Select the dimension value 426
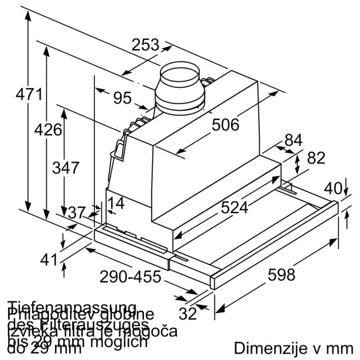coord(47,129)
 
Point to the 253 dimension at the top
coord(145,45)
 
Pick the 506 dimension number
coord(225,125)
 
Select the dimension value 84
coord(293,140)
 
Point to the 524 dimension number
coord(234,207)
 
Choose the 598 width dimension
coord(282,274)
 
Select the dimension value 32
coord(187,314)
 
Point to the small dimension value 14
coord(116,204)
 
